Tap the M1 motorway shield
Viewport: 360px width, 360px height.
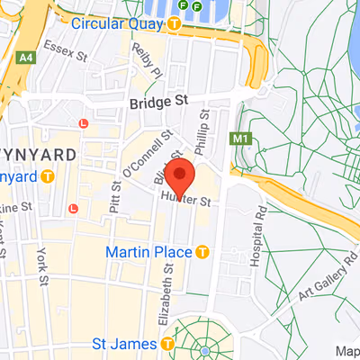click(239, 139)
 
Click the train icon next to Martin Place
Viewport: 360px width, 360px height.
click(203, 250)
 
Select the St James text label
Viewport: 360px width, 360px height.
click(126, 343)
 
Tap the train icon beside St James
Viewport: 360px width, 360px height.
click(168, 343)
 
